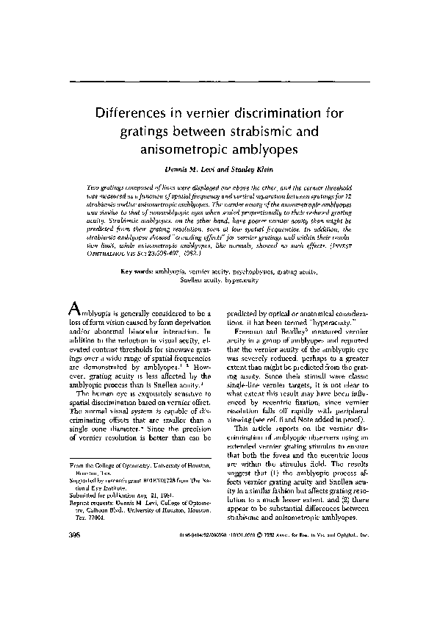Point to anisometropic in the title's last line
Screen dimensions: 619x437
pyautogui.click(x=181, y=151)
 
